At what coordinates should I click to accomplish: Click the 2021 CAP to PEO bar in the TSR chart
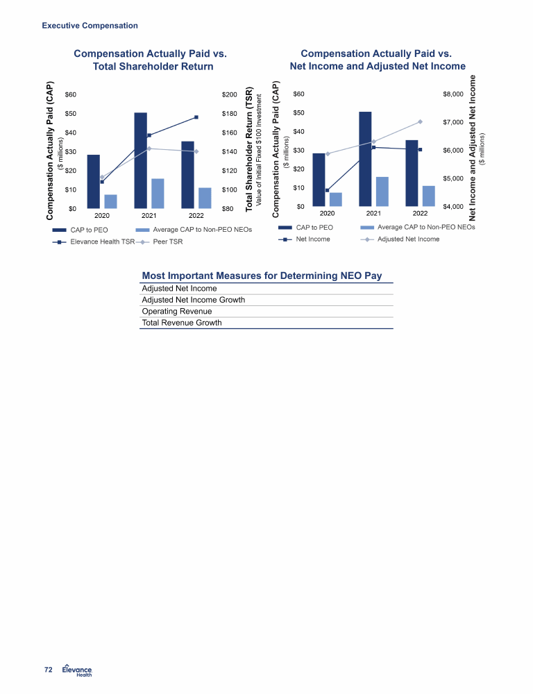click(x=140, y=160)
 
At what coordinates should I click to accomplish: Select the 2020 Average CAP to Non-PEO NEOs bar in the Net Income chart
click(x=336, y=199)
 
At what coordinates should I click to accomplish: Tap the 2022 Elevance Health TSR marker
click(x=196, y=117)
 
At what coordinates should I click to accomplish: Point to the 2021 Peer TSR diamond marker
click(x=149, y=149)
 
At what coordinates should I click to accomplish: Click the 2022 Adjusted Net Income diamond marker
click(x=420, y=121)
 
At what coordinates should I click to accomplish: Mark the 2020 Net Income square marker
click(x=327, y=190)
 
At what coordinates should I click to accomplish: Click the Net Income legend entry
click(x=304, y=239)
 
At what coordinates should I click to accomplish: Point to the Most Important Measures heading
click(x=262, y=276)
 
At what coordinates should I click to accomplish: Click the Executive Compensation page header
click(x=90, y=26)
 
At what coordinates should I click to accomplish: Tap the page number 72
click(x=49, y=670)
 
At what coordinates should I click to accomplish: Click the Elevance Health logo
click(x=77, y=670)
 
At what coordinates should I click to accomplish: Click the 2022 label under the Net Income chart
click(x=420, y=213)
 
